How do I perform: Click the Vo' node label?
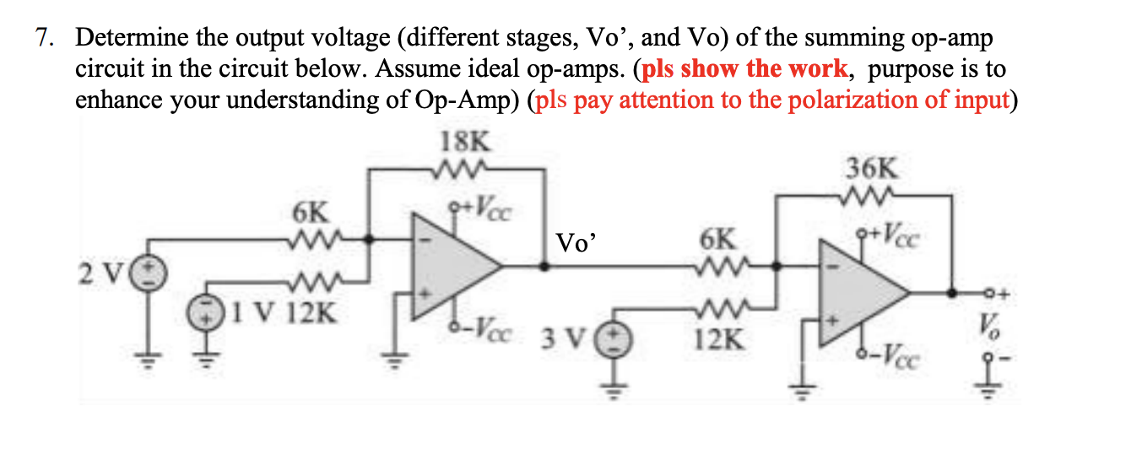click(575, 243)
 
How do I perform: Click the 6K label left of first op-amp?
click(308, 211)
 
